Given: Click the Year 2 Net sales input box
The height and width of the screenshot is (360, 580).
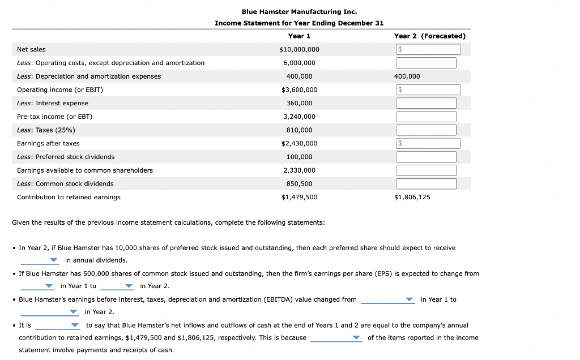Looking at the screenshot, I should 428,50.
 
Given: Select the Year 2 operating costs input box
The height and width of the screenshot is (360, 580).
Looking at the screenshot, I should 426,63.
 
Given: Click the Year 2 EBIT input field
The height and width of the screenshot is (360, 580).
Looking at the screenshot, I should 428,90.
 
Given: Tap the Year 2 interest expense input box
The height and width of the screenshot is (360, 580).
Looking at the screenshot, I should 426,103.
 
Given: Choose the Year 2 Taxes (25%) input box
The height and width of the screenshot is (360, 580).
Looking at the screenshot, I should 426,130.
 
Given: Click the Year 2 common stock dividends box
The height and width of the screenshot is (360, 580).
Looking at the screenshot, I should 426,184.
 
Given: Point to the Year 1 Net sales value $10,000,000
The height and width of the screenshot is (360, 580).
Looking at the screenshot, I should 299,50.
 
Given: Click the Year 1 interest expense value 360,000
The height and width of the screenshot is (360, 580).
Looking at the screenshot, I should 299,103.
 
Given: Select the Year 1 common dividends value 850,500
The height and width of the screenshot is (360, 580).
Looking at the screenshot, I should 299,184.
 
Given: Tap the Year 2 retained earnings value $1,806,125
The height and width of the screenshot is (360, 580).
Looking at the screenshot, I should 412,197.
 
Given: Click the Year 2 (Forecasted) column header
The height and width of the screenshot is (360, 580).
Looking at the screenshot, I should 429,36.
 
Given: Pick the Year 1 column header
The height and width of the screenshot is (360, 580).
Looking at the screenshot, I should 299,36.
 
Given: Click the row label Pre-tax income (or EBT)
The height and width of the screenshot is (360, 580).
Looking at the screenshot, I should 54,117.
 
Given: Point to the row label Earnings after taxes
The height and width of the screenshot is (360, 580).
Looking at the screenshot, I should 48,144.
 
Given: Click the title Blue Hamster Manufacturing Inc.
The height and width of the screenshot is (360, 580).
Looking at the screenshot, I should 299,11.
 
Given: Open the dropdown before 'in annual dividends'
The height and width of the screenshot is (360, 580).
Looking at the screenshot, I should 40,260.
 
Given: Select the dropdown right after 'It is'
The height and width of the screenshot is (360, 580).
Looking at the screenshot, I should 58,325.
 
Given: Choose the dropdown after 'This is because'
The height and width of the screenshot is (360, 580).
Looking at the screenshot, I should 336,338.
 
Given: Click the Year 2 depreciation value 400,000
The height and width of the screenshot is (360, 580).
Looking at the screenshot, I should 407,76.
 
